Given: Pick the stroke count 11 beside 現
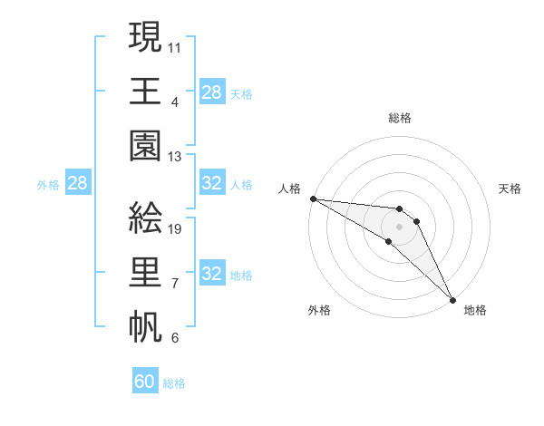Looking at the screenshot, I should [174, 45].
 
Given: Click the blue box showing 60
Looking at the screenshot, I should [145, 382].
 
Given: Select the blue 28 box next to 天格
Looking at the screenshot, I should [211, 92].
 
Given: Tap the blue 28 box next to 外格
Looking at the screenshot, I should [77, 184].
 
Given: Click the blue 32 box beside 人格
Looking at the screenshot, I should [211, 184].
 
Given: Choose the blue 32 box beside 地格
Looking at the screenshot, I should [211, 274].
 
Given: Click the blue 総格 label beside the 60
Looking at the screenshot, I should [174, 383].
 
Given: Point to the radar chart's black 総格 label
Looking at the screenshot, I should [400, 118].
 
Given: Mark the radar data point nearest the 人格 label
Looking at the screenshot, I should [313, 198].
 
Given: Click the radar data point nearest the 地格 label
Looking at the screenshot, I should [452, 298].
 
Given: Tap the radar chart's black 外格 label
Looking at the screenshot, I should [318, 310].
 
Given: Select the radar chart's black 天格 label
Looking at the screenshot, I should [510, 189].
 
